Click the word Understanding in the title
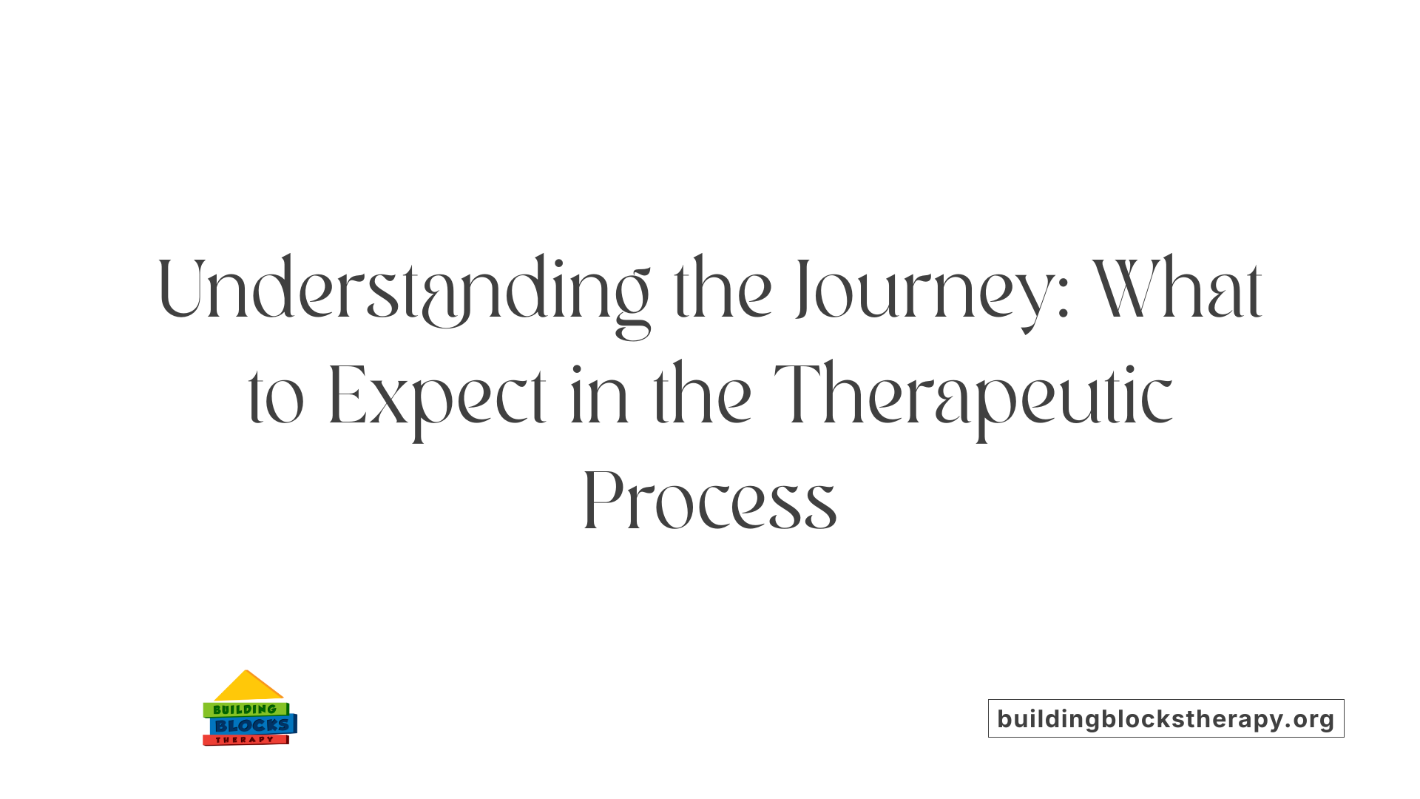pos(404,290)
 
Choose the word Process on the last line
pos(710,502)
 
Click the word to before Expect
pos(275,398)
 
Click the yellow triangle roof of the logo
pos(248,687)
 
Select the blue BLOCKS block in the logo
pos(252,726)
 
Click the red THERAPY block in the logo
pos(245,740)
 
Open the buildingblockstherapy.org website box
pos(1166,718)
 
